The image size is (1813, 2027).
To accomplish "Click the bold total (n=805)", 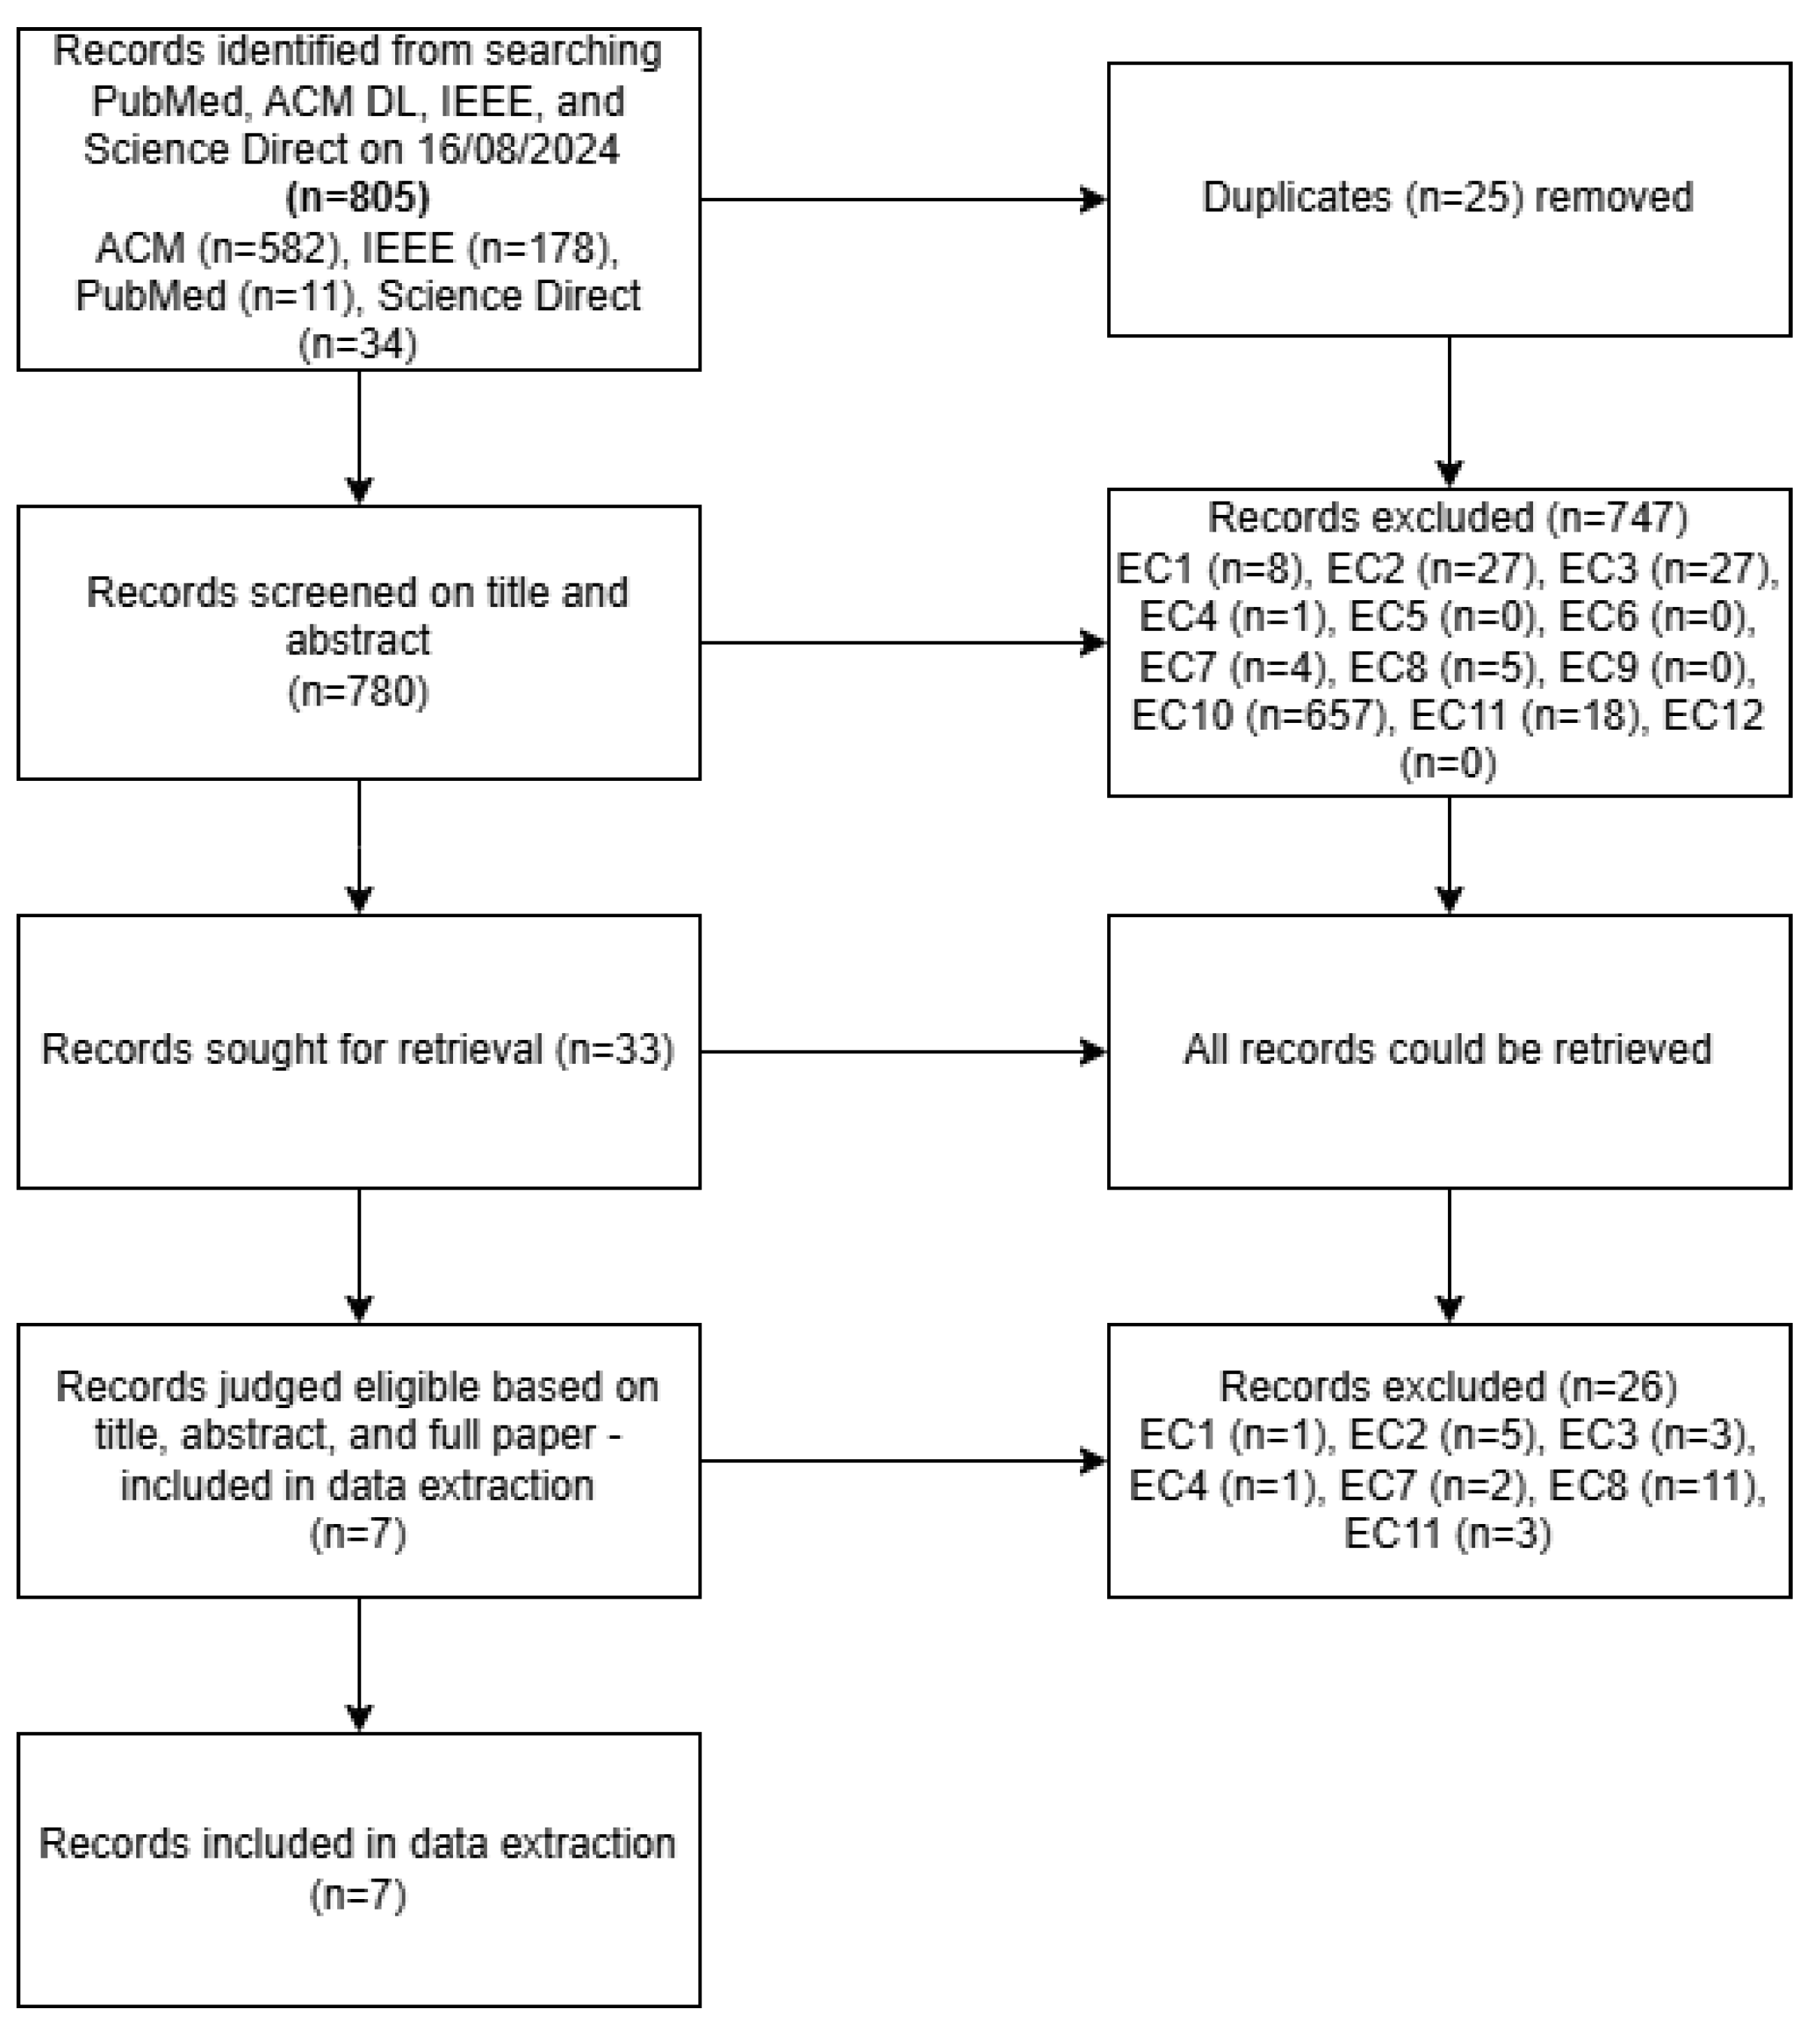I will [x=357, y=197].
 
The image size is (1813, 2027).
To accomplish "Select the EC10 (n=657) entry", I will [x=1260, y=715].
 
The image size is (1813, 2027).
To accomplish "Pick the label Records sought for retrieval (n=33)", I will [x=357, y=1050].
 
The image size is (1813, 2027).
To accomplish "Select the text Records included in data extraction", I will [x=357, y=1843].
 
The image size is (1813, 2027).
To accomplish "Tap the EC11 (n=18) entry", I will [x=1525, y=715].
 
